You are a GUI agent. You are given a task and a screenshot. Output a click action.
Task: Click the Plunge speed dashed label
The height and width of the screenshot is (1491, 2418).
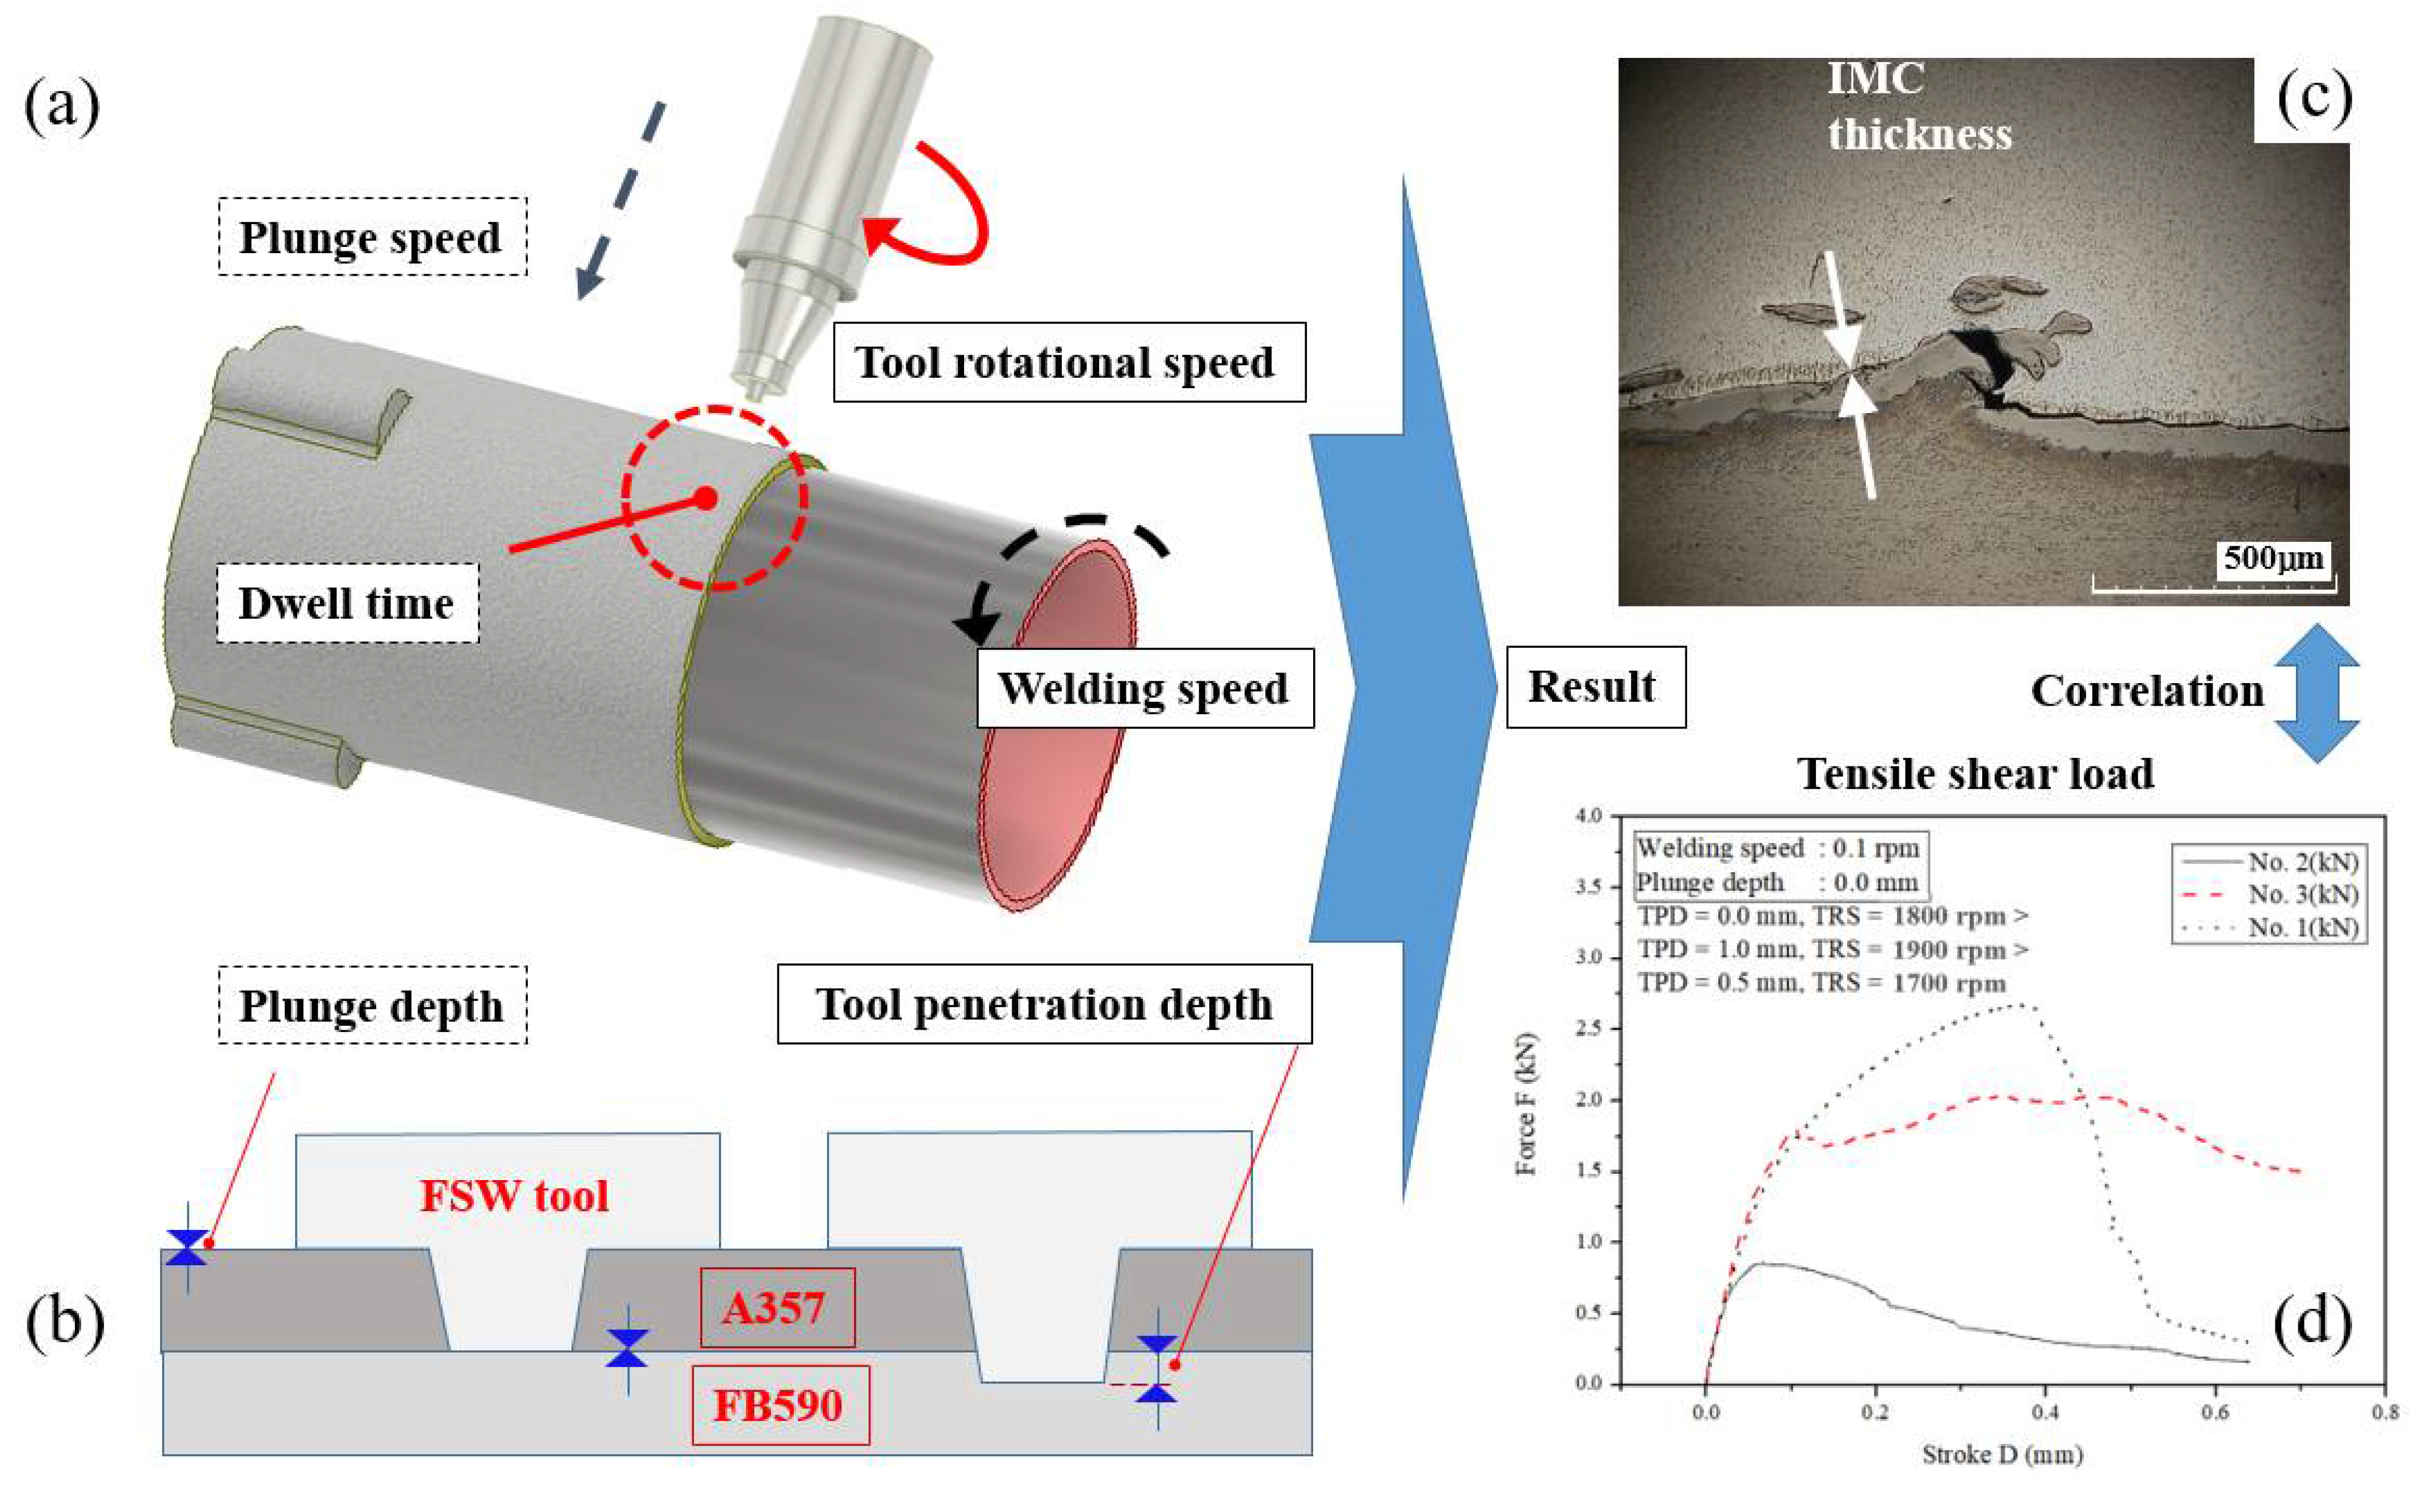click(372, 238)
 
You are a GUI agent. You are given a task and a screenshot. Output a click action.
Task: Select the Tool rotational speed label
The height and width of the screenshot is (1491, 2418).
click(1069, 362)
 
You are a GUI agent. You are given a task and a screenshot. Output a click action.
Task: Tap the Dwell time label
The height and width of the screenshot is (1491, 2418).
click(347, 604)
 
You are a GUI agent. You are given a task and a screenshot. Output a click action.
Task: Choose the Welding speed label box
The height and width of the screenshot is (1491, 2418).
click(1144, 688)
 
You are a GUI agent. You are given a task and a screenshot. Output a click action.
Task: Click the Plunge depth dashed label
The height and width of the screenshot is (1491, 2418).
click(372, 1006)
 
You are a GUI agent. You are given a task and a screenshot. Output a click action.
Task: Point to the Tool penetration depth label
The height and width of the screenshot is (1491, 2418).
click(1044, 1004)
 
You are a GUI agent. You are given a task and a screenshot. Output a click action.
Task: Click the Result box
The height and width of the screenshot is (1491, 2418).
click(1595, 687)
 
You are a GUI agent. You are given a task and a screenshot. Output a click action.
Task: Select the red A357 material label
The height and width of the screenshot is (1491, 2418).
click(776, 1308)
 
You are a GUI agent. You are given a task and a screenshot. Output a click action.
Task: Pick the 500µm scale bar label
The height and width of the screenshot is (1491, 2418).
click(2273, 559)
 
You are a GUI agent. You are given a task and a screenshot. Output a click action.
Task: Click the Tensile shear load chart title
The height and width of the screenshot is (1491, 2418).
click(1975, 774)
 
